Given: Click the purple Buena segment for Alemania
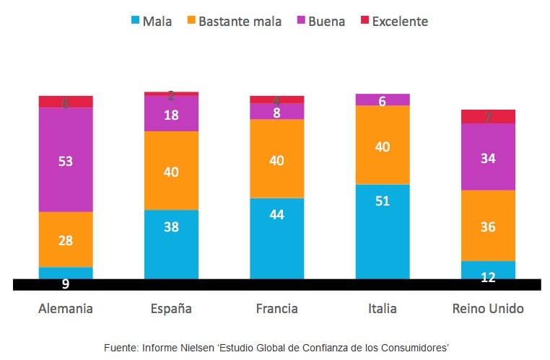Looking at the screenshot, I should (x=66, y=159).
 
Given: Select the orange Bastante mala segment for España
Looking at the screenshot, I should (x=171, y=170).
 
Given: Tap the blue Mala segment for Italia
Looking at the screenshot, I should (x=382, y=231).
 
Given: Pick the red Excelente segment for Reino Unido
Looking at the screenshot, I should (x=488, y=116).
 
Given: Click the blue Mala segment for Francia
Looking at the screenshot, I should (x=276, y=238).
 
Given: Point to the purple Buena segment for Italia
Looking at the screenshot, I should (x=382, y=100).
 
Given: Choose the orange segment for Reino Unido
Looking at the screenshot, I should (x=488, y=225).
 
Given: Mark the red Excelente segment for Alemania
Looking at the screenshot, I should (x=66, y=102).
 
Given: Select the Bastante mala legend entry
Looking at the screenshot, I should (x=234, y=21).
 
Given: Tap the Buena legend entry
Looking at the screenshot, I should (x=321, y=21).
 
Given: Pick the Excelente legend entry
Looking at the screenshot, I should (x=393, y=21).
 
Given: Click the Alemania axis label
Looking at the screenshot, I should (x=66, y=309).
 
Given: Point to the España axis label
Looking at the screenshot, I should (x=171, y=309).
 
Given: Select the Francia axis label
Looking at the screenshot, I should (x=276, y=309).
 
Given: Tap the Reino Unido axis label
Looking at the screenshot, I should (x=488, y=309).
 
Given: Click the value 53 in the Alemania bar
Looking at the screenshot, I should (x=66, y=161).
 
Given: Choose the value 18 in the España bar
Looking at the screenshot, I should (x=171, y=114).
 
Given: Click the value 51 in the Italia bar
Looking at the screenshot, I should (x=382, y=201).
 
